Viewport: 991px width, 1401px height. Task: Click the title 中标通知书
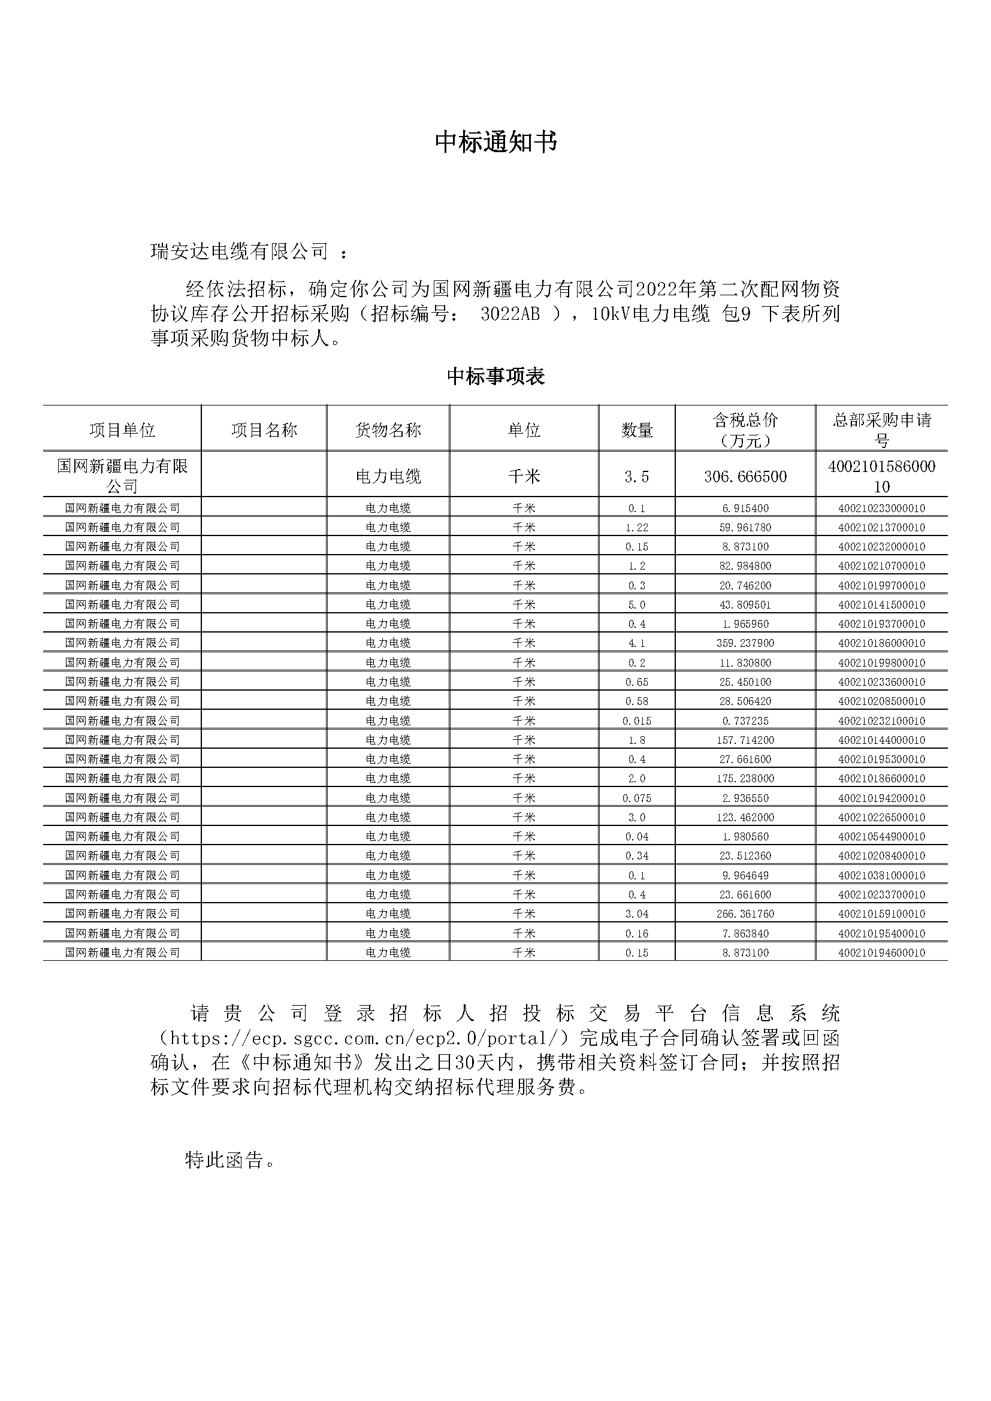click(496, 142)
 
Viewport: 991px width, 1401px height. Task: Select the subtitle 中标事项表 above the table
click(496, 377)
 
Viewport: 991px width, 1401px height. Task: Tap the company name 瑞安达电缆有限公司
click(240, 251)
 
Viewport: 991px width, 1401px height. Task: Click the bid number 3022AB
click(509, 314)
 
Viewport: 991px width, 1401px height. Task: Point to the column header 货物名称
click(388, 430)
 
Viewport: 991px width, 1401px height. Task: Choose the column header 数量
click(636, 430)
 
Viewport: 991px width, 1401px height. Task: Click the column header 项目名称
click(264, 430)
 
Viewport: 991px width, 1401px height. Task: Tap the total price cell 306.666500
click(745, 477)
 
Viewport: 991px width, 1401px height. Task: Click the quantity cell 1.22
click(636, 527)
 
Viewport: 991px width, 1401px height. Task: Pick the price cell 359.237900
click(745, 643)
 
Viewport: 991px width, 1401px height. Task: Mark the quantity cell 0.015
click(636, 721)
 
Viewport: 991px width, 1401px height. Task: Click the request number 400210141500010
click(881, 605)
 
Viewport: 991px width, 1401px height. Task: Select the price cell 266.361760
click(745, 913)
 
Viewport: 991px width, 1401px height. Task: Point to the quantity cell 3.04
click(636, 913)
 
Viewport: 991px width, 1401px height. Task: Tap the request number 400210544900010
click(881, 837)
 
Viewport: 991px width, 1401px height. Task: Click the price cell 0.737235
click(745, 721)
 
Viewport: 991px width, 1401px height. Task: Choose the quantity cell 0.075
click(636, 798)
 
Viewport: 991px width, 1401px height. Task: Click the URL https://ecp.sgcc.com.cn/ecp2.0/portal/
click(364, 1038)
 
